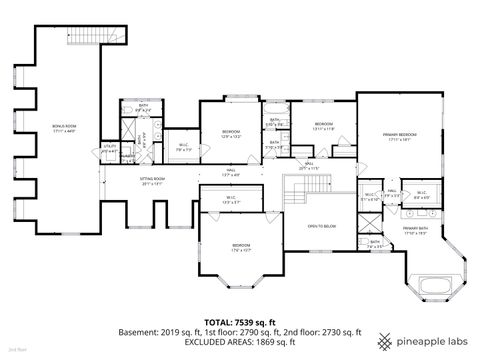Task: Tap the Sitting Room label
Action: pos(152,181)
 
